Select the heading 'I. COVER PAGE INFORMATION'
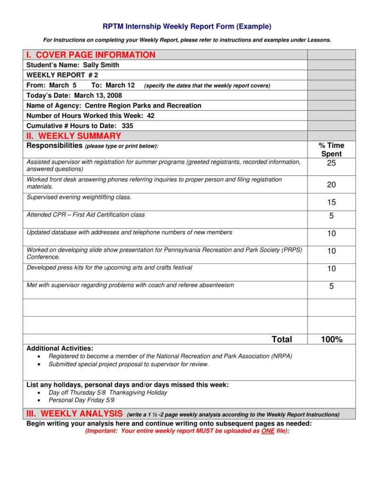tap(91, 55)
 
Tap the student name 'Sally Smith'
tap(101, 65)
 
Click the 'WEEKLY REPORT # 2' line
tap(62, 75)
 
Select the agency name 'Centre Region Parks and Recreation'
tap(143, 105)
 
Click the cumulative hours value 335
tap(127, 126)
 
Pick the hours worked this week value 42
tap(150, 116)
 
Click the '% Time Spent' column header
tap(331, 149)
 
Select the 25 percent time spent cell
tap(331, 164)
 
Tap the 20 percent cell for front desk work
tap(331, 185)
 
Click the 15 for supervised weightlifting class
tap(331, 202)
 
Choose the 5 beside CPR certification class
tap(331, 216)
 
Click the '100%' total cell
tap(331, 339)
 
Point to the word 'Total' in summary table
tap(282, 339)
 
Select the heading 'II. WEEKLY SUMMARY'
tap(74, 136)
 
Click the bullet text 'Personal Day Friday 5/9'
tap(81, 400)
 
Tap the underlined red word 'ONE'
tap(268, 432)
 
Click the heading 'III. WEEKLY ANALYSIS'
tap(74, 414)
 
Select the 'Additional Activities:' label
tap(60, 348)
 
